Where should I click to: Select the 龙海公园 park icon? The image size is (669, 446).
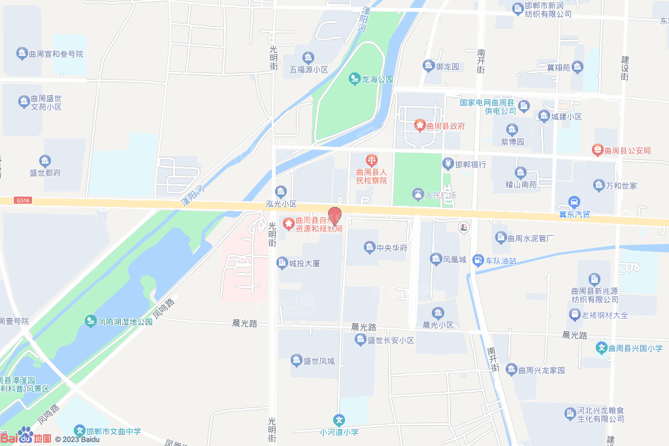(355, 79)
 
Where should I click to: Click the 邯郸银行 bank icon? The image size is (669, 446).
(448, 164)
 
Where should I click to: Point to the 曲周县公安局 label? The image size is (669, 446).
(627, 151)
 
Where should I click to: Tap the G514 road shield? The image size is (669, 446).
(24, 201)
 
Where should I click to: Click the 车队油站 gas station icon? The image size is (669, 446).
(479, 261)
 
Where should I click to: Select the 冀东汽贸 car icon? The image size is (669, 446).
(574, 202)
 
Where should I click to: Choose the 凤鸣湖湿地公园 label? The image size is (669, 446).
(125, 321)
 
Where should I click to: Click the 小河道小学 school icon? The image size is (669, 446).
(338, 420)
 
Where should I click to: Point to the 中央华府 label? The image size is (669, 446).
(392, 248)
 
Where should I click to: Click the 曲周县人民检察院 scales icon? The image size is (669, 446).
(371, 158)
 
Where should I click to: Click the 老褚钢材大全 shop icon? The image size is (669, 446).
(574, 315)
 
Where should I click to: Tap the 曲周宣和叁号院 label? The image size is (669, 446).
(56, 54)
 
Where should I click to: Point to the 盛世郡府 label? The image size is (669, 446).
(45, 173)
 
